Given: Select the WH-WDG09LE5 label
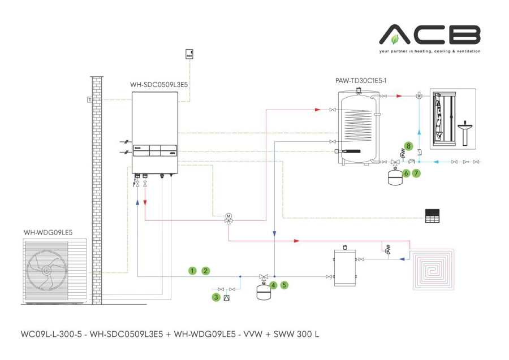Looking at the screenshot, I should tap(48, 232).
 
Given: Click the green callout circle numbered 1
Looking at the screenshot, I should tap(192, 271).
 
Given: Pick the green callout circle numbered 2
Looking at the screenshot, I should tap(206, 271).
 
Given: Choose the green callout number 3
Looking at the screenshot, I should tap(216, 297).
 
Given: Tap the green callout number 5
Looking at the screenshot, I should tap(284, 285).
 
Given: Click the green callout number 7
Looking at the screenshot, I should tap(416, 173).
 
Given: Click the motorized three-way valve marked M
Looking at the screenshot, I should tap(228, 217).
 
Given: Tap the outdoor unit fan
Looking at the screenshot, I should tap(46, 270).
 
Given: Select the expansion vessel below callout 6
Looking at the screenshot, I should tap(394, 176).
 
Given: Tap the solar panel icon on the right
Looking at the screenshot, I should tap(432, 216).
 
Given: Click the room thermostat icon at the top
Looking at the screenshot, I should tap(189, 54).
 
